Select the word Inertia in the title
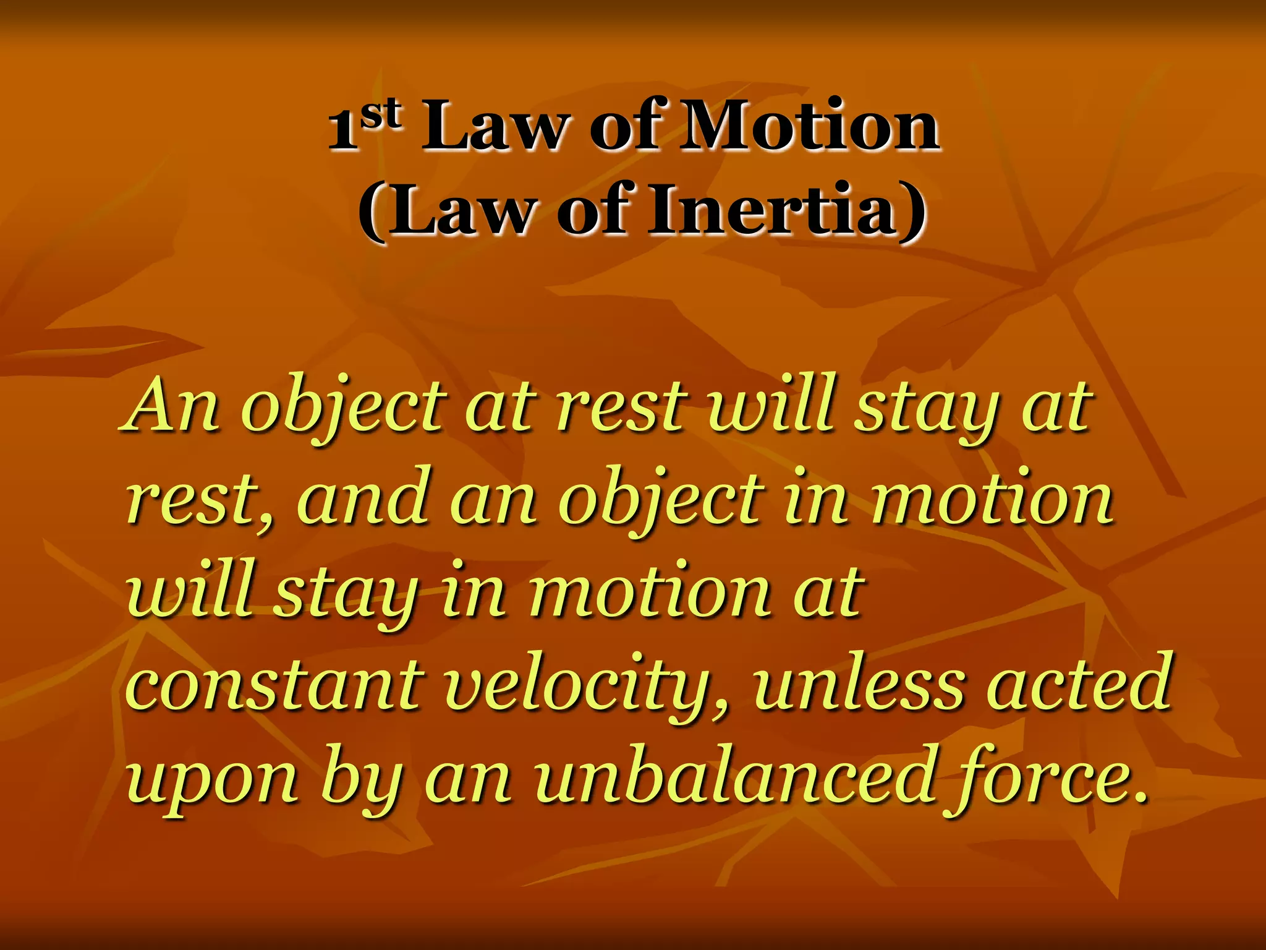[x=773, y=210]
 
